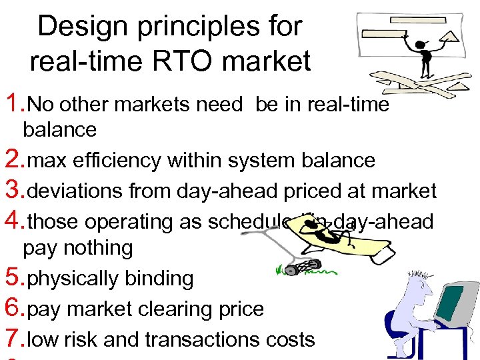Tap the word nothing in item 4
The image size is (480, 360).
coord(97,248)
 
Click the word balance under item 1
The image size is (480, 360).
coord(59,129)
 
